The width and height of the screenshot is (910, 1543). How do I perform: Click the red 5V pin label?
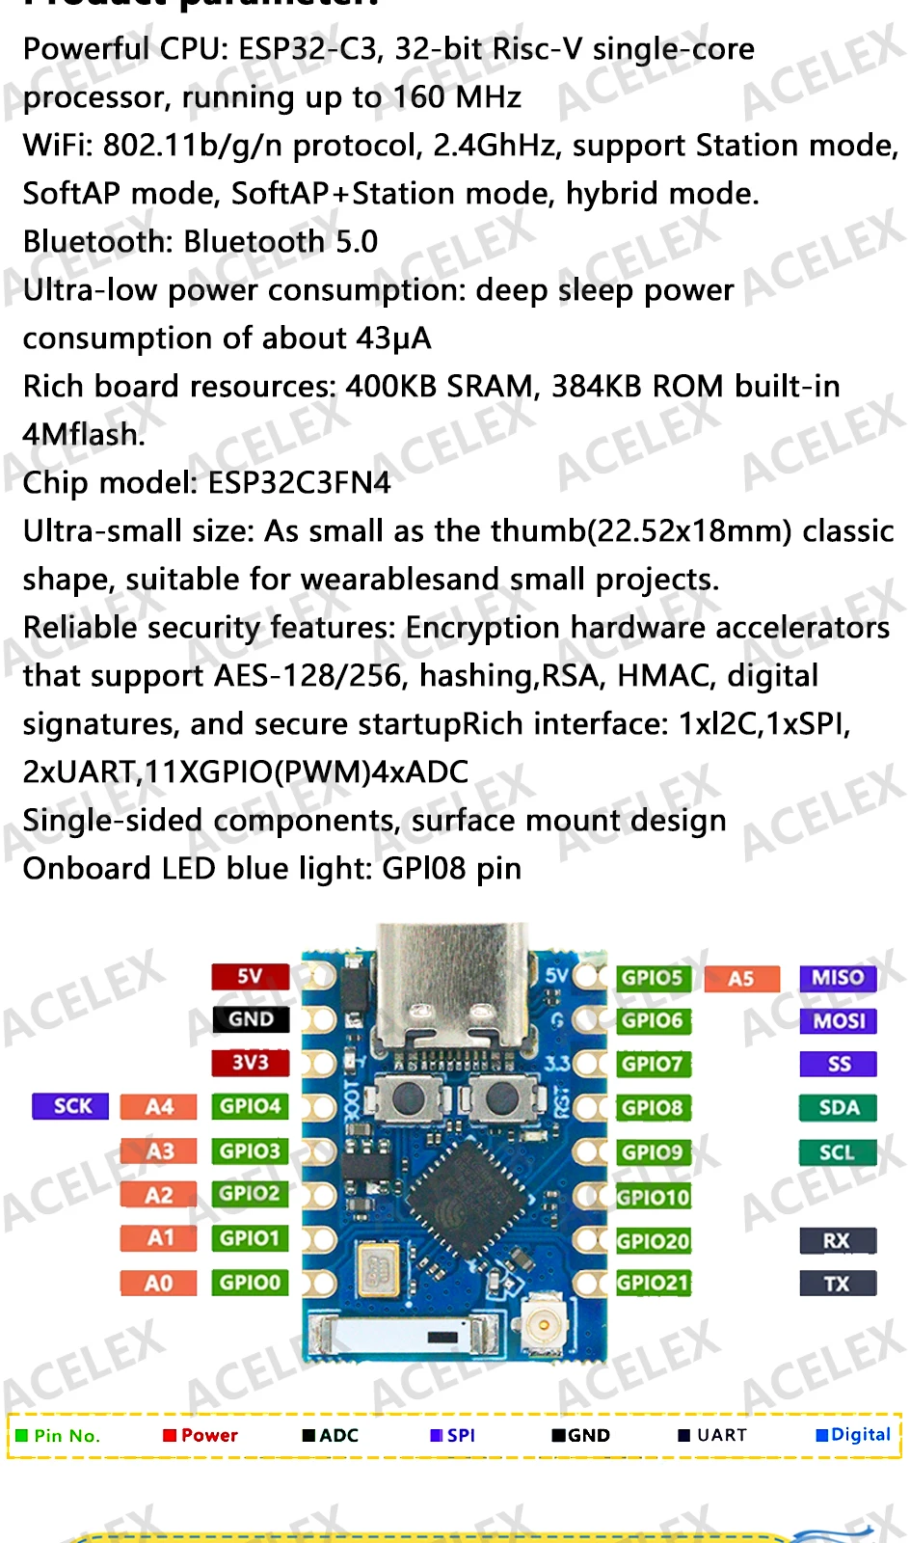coord(250,976)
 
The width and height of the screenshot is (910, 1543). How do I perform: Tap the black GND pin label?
coord(250,1019)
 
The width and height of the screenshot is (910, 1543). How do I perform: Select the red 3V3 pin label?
coord(250,1063)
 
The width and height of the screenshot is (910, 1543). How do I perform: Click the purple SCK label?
coord(71,1106)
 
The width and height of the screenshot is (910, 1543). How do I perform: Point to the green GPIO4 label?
coord(250,1106)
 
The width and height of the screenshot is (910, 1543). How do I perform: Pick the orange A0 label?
coord(158,1283)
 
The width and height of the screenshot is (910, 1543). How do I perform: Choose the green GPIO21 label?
coord(654,1284)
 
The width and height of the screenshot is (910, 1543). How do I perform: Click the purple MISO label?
coord(838,978)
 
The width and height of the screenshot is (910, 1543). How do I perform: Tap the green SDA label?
coord(838,1108)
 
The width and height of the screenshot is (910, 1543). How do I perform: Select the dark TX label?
coord(838,1284)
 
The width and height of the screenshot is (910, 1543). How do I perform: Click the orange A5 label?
coord(740,979)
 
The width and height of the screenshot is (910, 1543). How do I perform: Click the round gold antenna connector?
coord(544,1324)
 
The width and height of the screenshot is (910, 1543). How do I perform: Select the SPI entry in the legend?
coord(453,1435)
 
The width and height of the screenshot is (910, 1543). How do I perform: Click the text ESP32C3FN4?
coord(300,482)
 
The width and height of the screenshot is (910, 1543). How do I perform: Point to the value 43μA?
coord(393,338)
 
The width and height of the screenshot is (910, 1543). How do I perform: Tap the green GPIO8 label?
coord(653,1108)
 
